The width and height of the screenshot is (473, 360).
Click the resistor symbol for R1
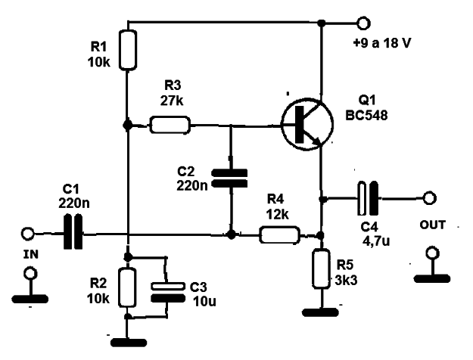[128, 50]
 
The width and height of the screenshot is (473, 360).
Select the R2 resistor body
[127, 287]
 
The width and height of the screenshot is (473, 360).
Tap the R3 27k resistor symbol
[170, 125]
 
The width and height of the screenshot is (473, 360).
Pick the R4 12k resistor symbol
[279, 235]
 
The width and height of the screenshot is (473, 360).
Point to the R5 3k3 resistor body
[321, 268]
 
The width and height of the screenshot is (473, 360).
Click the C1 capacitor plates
[73, 231]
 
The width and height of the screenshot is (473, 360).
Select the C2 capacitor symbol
[230, 178]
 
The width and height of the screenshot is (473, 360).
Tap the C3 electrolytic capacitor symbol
[168, 292]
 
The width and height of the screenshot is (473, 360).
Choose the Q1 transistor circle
[307, 124]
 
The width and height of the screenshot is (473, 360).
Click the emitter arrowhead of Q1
[317, 141]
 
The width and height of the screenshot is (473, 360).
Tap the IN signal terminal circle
[28, 234]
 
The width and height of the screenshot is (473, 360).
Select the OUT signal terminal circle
[429, 198]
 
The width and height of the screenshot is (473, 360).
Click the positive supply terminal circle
[363, 23]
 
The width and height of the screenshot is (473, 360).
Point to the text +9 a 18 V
[381, 43]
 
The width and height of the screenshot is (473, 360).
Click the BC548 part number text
[366, 116]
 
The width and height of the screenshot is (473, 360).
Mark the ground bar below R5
[320, 312]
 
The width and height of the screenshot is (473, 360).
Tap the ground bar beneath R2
[129, 343]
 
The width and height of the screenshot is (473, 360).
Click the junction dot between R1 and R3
[128, 125]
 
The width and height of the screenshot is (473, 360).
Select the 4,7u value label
[376, 241]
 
